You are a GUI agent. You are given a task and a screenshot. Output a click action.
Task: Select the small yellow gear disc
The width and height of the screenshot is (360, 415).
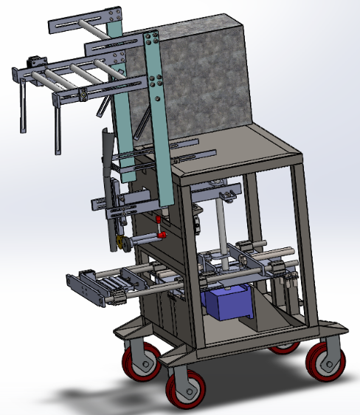[x=120, y=243]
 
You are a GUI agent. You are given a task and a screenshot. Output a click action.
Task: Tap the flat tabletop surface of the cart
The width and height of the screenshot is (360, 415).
[x=243, y=151]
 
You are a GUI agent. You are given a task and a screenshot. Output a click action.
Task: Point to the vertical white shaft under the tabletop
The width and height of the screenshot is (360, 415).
[x=220, y=225]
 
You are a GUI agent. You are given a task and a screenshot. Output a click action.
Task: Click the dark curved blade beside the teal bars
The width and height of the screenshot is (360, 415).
[x=109, y=155]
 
